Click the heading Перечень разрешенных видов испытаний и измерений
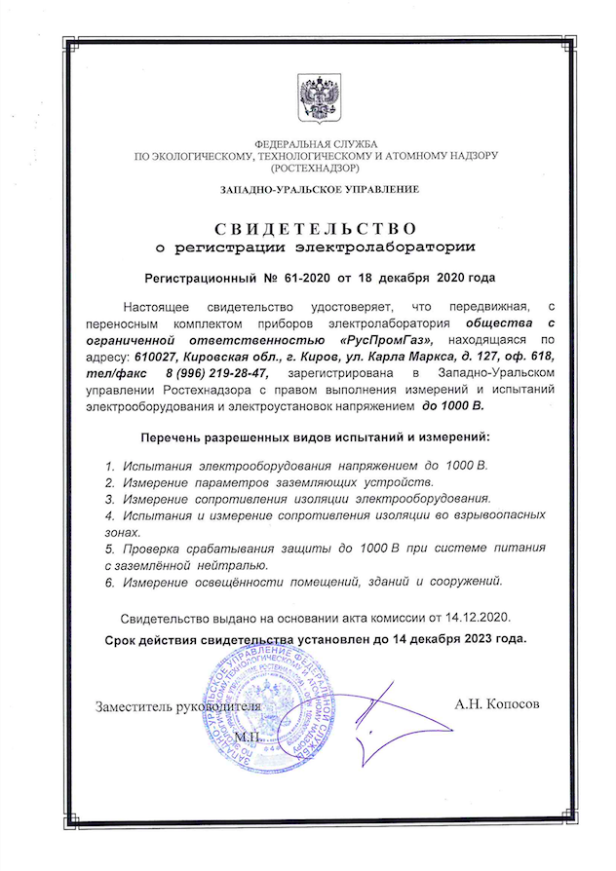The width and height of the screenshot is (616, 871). point(316,438)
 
